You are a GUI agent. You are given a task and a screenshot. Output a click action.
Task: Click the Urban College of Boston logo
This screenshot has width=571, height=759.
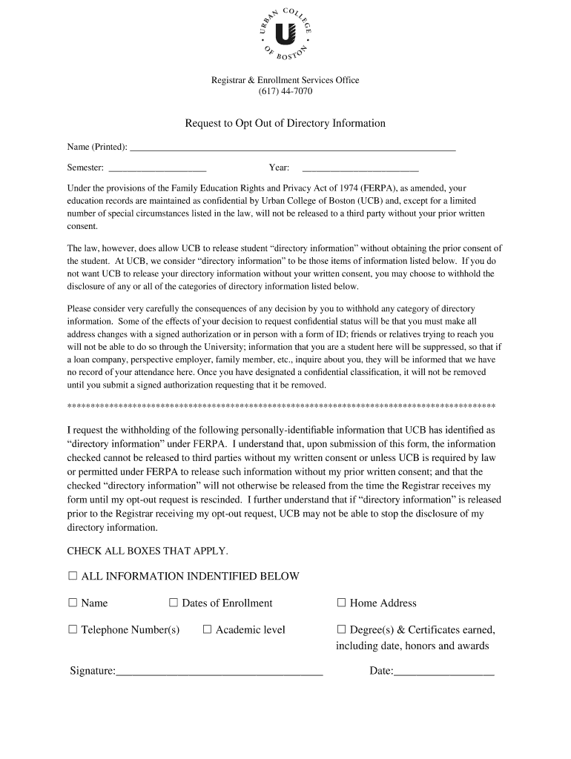(x=285, y=35)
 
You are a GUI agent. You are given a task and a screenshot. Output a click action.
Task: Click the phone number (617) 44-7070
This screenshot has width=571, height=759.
(x=285, y=92)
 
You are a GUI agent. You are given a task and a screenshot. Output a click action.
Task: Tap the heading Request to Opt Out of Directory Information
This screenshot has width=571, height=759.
(x=285, y=123)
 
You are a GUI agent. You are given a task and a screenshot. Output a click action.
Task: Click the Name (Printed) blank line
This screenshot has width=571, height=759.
(x=292, y=149)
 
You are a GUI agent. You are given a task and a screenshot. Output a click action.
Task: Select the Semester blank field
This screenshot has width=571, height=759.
(x=156, y=170)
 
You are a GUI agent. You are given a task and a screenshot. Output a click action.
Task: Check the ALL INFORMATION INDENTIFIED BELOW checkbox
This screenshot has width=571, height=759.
(x=73, y=576)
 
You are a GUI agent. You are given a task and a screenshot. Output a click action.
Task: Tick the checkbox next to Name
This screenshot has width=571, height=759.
(x=73, y=603)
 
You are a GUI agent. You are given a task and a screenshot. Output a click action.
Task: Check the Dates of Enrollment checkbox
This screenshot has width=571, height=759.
(x=174, y=603)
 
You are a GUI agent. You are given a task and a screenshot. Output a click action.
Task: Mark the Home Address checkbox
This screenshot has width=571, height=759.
(x=342, y=603)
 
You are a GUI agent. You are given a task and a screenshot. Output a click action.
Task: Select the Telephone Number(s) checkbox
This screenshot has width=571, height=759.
(x=73, y=629)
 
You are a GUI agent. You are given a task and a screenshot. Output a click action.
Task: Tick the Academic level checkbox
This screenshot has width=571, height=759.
(x=208, y=629)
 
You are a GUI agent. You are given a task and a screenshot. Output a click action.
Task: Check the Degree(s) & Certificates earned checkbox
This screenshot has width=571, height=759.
(x=342, y=629)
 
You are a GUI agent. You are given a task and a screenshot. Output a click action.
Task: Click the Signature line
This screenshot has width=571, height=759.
(x=220, y=673)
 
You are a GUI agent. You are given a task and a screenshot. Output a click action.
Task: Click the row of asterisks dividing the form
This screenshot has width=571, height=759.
(x=282, y=407)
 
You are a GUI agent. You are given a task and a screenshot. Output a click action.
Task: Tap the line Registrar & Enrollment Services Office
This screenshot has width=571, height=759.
(x=285, y=80)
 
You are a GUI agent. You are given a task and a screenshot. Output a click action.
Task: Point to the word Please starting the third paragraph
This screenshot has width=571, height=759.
(x=79, y=308)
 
